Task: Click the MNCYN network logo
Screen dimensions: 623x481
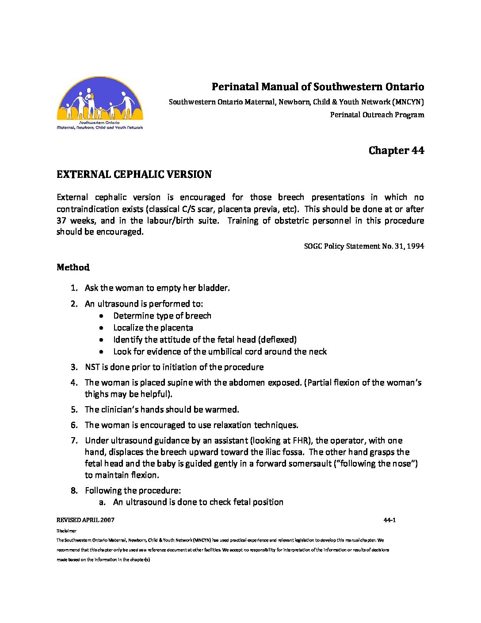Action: (100, 103)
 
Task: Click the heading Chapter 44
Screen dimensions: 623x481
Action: (396, 150)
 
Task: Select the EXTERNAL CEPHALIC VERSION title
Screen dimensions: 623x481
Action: (134, 174)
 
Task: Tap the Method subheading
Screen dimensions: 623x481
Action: (73, 267)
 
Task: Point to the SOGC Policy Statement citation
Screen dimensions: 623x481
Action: (364, 246)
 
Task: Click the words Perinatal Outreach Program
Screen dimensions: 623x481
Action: (377, 115)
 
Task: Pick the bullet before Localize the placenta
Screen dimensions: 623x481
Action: (102, 328)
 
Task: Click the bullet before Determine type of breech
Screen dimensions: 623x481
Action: (102, 316)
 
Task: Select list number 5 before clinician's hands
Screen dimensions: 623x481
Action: (74, 410)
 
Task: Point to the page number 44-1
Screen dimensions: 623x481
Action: (389, 520)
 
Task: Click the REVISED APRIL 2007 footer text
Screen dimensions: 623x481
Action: (85, 520)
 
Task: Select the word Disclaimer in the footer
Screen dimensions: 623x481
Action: (66, 531)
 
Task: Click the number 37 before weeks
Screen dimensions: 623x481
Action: (61, 220)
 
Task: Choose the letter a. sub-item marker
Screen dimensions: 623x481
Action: (102, 502)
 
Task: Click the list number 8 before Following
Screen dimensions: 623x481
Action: (74, 491)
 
